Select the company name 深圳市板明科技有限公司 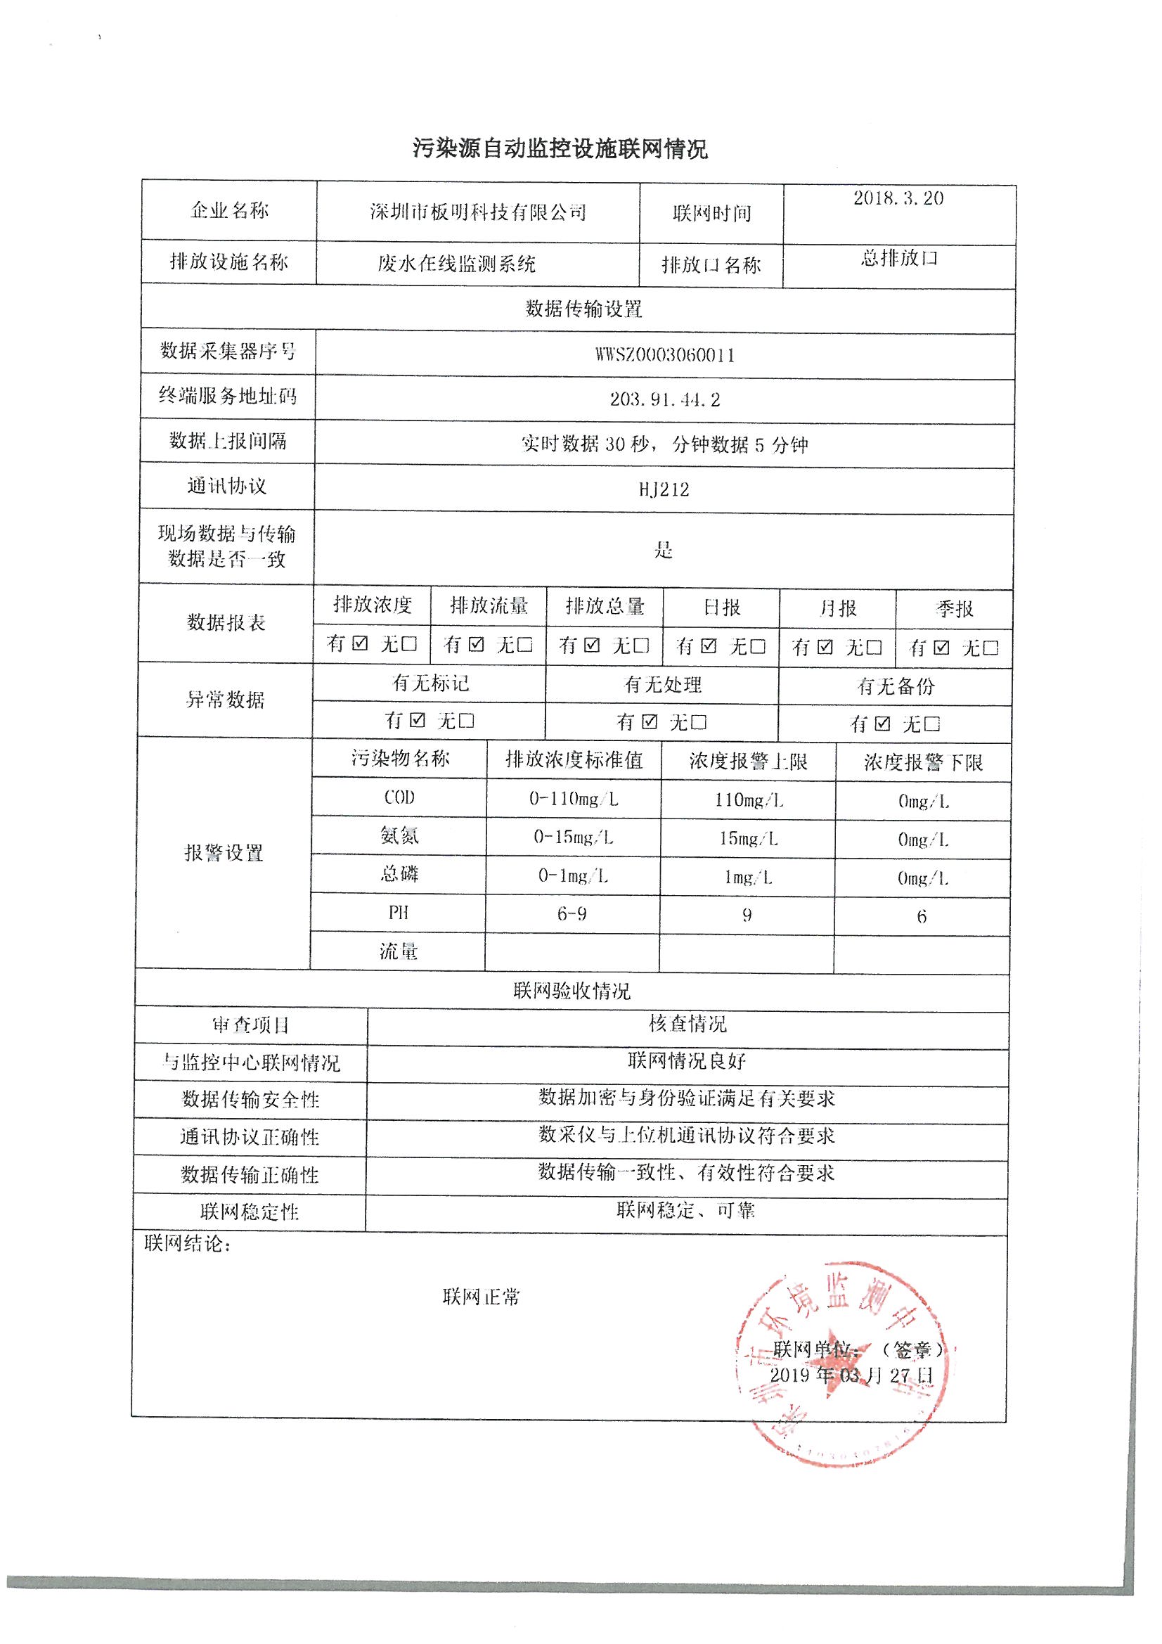coord(477,212)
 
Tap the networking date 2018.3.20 coord(898,198)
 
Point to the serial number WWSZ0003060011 coord(664,355)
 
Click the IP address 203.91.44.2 coord(664,399)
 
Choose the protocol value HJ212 coord(664,490)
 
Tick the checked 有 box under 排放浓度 coord(361,643)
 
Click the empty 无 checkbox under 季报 coord(990,648)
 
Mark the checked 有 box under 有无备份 coord(883,724)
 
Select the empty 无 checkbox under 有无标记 coord(466,720)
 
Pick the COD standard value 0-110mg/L coord(573,799)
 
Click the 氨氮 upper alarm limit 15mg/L coord(747,838)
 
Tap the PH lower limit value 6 coord(922,916)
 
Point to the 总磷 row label coord(399,873)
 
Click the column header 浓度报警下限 coord(923,762)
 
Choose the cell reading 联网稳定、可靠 coord(686,1210)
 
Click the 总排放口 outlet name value coord(898,258)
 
